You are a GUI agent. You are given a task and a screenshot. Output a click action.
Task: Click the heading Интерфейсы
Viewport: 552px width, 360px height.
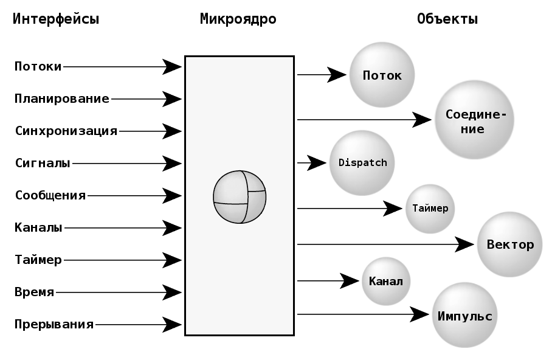pyautogui.click(x=56, y=19)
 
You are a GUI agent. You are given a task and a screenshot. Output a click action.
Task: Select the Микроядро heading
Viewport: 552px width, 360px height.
pyautogui.click(x=238, y=19)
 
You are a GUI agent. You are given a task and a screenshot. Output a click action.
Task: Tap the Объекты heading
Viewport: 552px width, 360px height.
pyautogui.click(x=447, y=19)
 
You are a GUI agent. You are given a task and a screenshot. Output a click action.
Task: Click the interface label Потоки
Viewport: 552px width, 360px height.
pyautogui.click(x=38, y=66)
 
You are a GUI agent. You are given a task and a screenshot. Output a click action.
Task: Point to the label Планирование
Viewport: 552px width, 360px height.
pyautogui.click(x=61, y=99)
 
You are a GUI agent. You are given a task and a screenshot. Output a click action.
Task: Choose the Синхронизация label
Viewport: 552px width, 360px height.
pyautogui.click(x=66, y=131)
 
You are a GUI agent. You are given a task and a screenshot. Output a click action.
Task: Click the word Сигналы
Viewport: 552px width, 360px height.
pyautogui.click(x=43, y=163)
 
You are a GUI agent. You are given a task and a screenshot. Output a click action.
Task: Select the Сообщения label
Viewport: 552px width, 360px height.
pyautogui.click(x=50, y=195)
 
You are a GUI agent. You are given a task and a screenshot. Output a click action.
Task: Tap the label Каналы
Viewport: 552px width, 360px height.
pyautogui.click(x=38, y=228)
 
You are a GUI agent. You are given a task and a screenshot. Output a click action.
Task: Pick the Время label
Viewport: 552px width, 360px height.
pyautogui.click(x=35, y=292)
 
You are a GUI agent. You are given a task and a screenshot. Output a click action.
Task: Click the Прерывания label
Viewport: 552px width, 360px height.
pyautogui.click(x=54, y=324)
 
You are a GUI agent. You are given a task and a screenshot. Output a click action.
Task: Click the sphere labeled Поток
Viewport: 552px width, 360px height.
pyautogui.click(x=382, y=75)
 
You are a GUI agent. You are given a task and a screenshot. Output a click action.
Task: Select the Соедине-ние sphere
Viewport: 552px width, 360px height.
pyautogui.click(x=474, y=120)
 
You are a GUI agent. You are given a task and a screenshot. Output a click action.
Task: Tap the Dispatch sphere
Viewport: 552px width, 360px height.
pyautogui.click(x=362, y=163)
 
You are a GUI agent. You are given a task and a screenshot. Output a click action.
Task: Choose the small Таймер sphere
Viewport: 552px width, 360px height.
pyautogui.click(x=430, y=209)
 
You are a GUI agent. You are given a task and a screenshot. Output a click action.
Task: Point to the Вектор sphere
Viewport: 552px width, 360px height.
pyautogui.click(x=509, y=244)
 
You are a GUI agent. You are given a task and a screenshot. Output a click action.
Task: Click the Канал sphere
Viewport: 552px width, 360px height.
pyautogui.click(x=386, y=281)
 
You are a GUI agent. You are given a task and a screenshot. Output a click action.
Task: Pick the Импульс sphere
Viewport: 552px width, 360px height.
pyautogui.click(x=464, y=316)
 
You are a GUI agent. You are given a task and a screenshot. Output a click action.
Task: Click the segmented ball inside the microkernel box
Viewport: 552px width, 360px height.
pyautogui.click(x=240, y=196)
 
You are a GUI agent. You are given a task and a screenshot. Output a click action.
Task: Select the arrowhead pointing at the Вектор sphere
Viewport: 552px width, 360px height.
pyautogui.click(x=466, y=244)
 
